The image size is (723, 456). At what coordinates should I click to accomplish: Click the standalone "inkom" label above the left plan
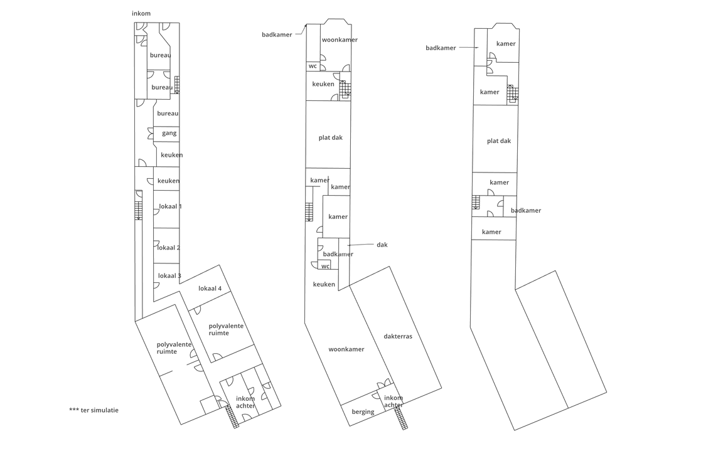(x=141, y=13)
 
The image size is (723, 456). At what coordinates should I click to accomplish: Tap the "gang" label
(x=169, y=133)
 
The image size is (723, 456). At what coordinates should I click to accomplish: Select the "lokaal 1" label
(x=170, y=206)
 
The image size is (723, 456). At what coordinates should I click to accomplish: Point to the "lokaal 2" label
(x=169, y=248)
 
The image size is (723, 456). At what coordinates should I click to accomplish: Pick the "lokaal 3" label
(x=169, y=275)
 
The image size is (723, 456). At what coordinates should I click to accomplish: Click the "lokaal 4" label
(x=210, y=289)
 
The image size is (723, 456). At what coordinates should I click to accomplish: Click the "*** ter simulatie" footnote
(x=94, y=410)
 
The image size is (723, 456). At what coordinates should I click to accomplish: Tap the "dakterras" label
(x=398, y=336)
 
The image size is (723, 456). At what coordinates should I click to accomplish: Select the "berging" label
(x=363, y=412)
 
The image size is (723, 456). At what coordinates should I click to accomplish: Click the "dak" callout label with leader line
(x=382, y=245)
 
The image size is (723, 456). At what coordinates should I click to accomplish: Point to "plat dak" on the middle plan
(x=330, y=137)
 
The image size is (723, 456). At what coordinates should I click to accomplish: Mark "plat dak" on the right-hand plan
(x=499, y=141)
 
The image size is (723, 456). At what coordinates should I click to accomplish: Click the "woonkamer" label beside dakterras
(x=346, y=349)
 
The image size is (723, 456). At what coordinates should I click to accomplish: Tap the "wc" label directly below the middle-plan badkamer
(x=325, y=266)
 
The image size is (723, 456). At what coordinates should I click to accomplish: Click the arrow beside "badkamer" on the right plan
(x=468, y=47)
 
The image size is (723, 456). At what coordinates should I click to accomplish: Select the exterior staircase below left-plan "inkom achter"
(x=232, y=417)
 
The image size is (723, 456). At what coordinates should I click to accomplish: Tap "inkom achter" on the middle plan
(x=394, y=401)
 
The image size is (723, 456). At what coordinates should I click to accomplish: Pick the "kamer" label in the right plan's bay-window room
(x=506, y=44)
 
